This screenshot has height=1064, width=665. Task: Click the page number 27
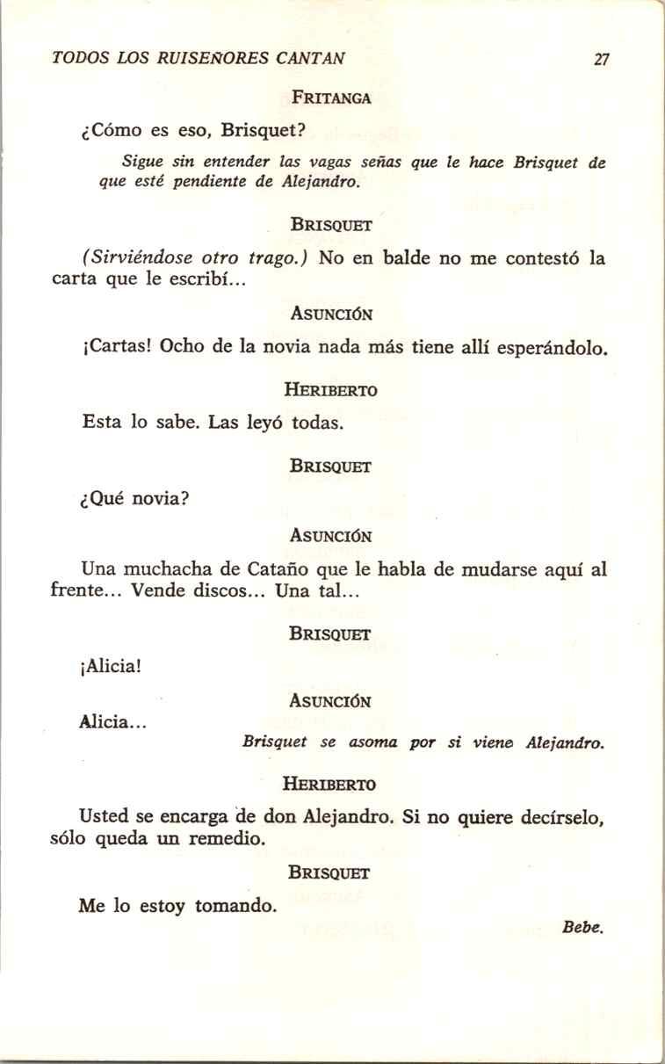601,60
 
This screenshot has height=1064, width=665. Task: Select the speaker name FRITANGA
332,98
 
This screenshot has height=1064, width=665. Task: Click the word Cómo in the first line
116,132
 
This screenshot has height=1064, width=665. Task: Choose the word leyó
262,423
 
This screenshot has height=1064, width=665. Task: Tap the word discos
226,591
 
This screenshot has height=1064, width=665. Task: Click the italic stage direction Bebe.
585,927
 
